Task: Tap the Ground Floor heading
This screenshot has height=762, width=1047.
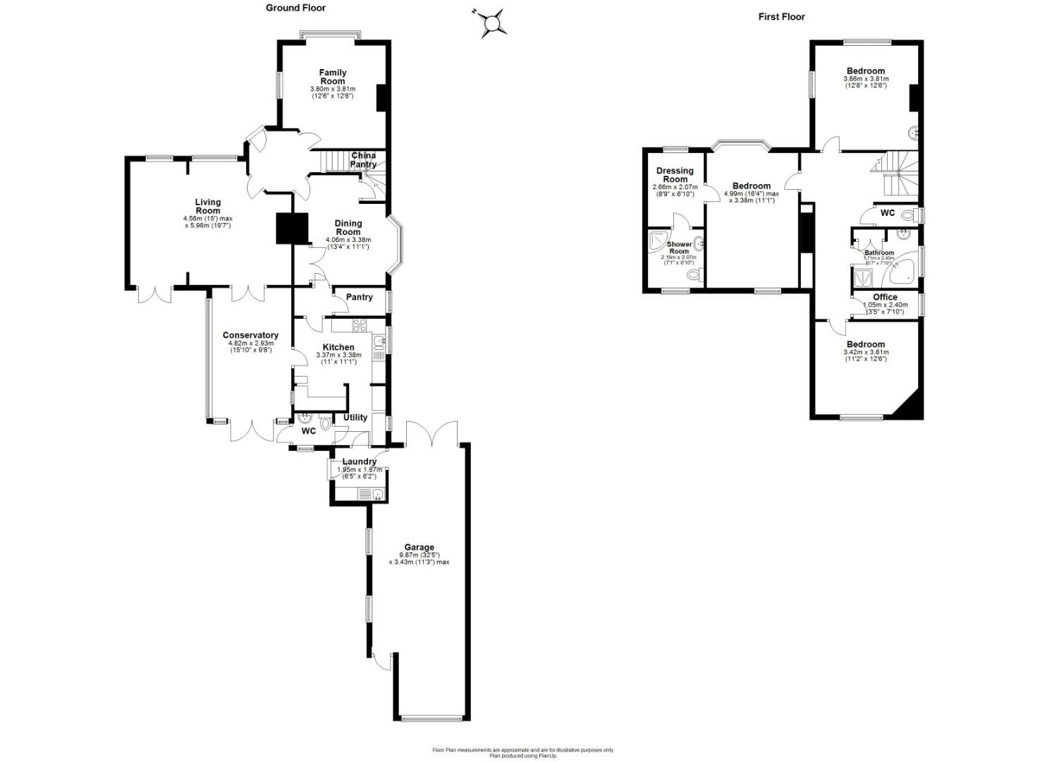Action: click(295, 8)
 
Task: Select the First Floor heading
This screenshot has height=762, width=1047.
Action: click(781, 16)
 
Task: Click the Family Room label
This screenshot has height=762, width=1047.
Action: click(332, 77)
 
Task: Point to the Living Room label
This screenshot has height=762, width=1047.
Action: click(207, 206)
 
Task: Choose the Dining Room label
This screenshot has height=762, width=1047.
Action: click(348, 227)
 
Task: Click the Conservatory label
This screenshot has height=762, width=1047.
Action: click(250, 335)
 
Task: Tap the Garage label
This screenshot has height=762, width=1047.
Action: click(419, 547)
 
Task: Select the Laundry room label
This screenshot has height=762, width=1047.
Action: click(359, 461)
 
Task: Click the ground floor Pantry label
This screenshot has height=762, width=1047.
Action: click(359, 297)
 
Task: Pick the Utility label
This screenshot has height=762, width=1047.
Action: click(355, 417)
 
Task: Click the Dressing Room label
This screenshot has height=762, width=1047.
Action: click(675, 174)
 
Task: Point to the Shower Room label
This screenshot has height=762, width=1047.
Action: click(678, 248)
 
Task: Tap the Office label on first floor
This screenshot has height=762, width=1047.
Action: click(885, 297)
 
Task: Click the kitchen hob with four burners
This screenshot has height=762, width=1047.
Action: click(359, 325)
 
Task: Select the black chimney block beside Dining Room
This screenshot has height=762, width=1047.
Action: click(292, 228)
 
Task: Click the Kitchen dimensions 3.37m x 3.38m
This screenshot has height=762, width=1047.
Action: click(338, 355)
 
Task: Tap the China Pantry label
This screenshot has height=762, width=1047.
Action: click(363, 159)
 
